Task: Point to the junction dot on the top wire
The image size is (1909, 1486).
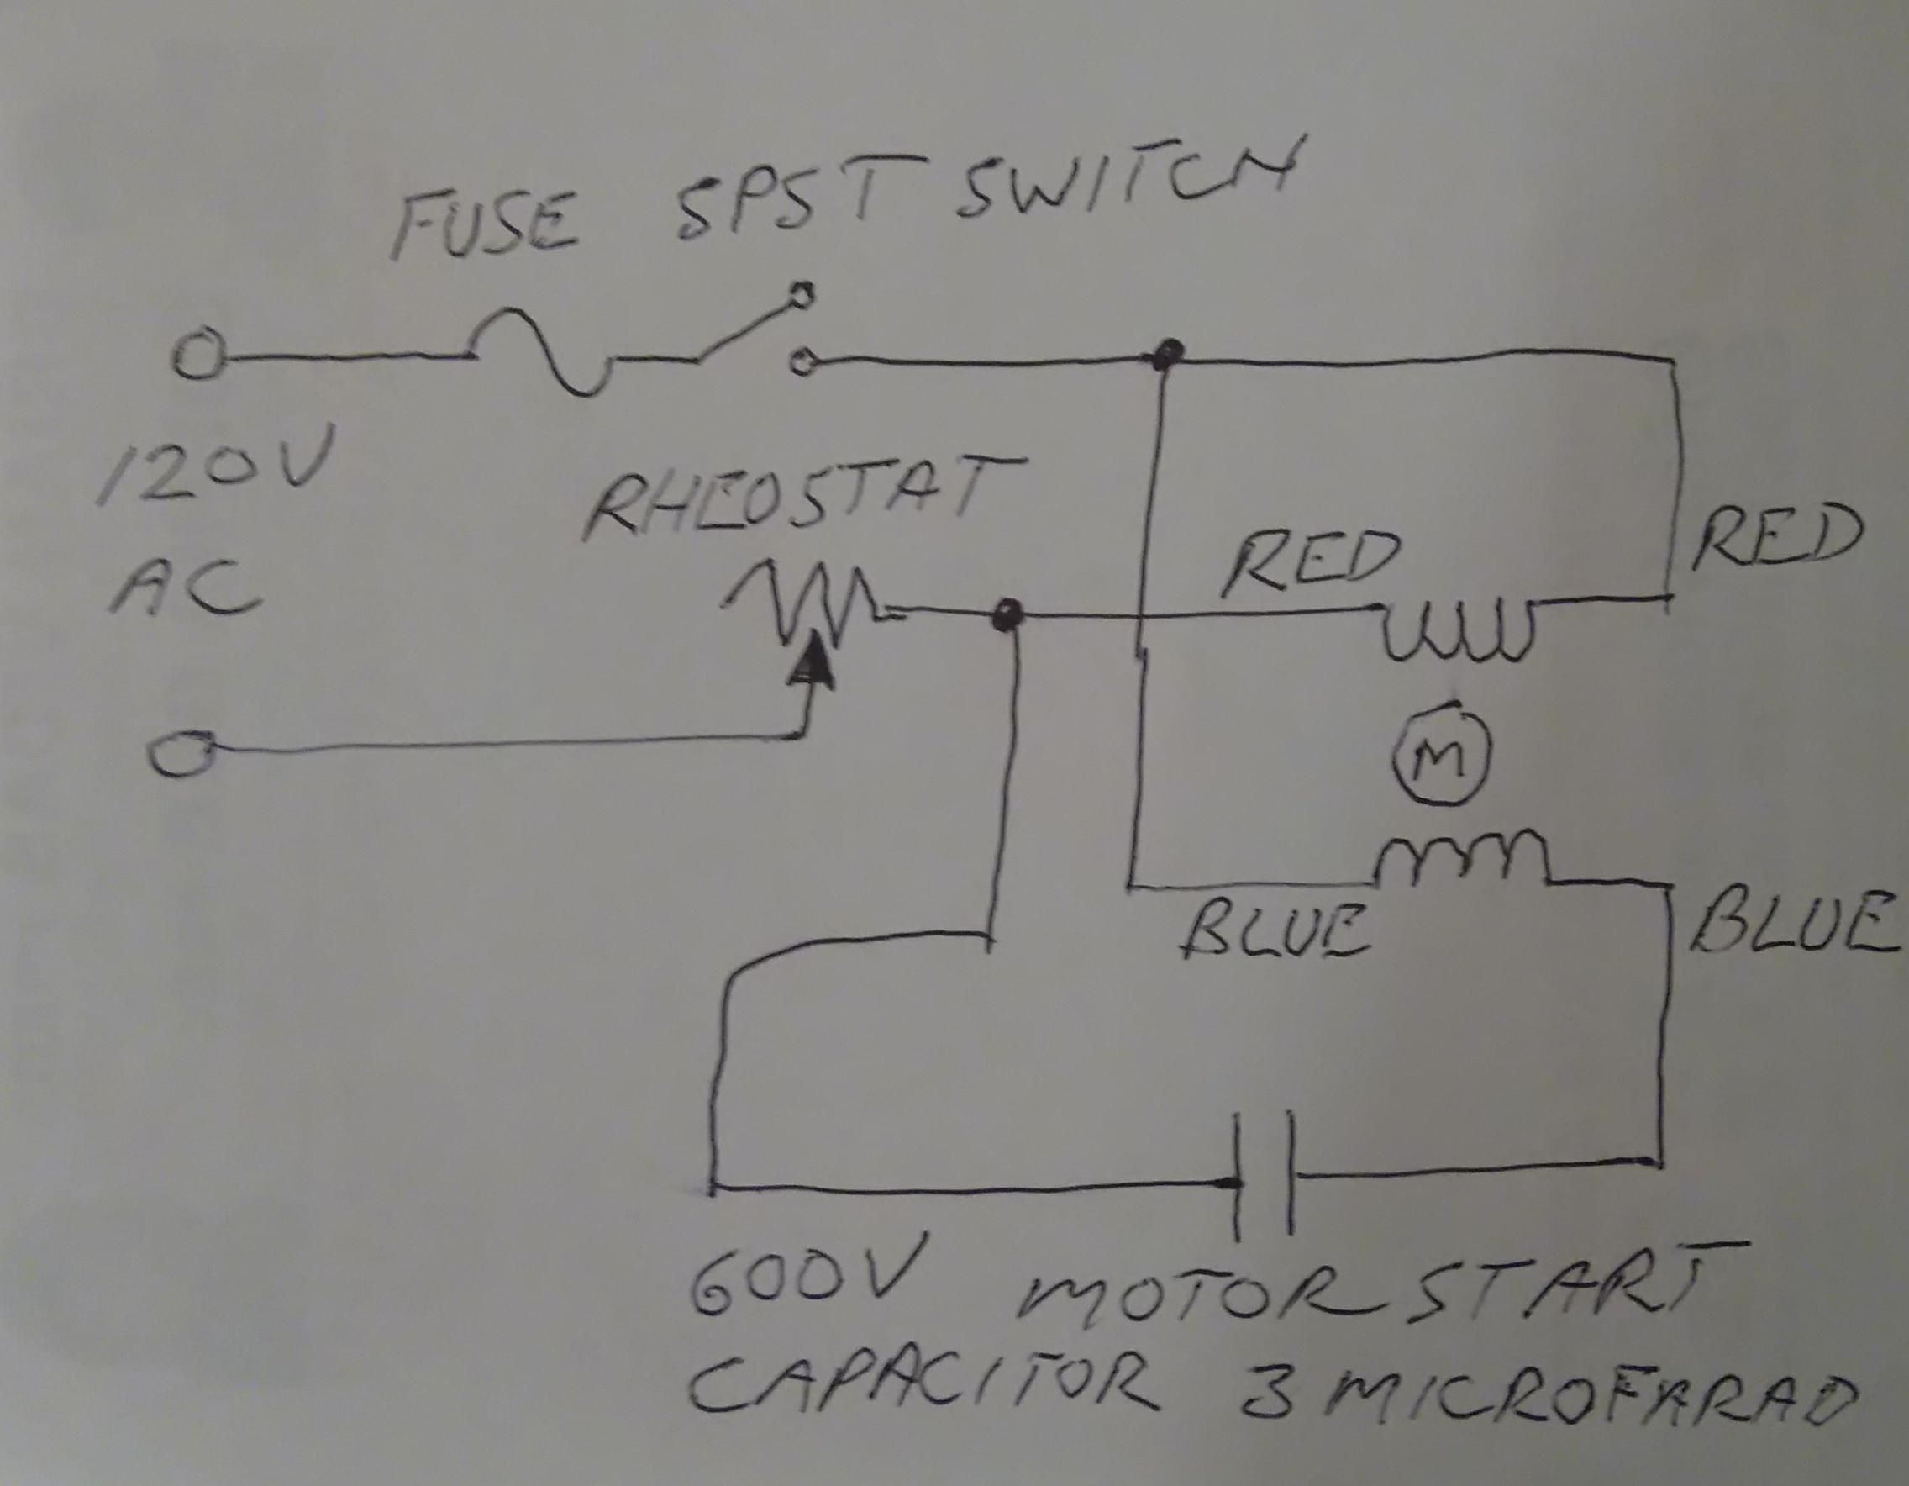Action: pyautogui.click(x=1165, y=355)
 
